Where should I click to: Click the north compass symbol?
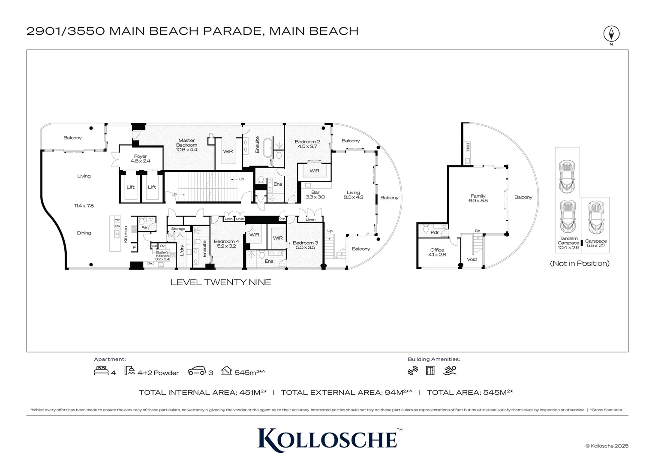[611, 33]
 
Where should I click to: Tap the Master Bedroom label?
[186, 145]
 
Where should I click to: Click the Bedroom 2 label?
[307, 144]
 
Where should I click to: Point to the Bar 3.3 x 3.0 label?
[315, 195]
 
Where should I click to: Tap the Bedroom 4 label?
[226, 244]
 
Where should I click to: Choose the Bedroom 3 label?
[305, 245]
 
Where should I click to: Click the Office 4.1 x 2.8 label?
[437, 252]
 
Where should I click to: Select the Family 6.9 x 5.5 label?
[478, 198]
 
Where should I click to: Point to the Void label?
[472, 259]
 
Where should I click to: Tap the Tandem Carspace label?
[568, 243]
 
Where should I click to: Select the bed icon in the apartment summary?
[101, 371]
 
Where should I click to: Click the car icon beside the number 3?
[196, 371]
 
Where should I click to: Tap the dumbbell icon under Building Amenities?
[413, 371]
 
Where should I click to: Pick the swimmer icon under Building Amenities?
[450, 370]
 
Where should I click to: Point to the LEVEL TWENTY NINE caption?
[221, 282]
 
